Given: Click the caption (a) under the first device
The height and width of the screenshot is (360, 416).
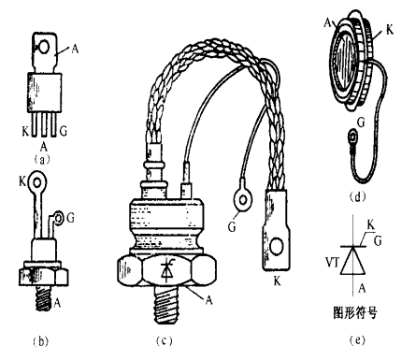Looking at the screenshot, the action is pyautogui.click(x=41, y=160).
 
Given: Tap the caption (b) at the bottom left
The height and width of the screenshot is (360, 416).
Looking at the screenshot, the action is pyautogui.click(x=40, y=341).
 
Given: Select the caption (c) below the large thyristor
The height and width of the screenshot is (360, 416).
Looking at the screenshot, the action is pyautogui.click(x=165, y=341).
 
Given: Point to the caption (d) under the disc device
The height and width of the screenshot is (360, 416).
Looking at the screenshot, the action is pyautogui.click(x=357, y=197).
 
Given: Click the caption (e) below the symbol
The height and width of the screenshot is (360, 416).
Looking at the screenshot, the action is pyautogui.click(x=357, y=340).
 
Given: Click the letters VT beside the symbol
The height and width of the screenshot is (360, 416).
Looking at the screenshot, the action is pyautogui.click(x=332, y=263).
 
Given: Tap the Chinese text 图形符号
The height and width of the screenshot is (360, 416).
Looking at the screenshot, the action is pyautogui.click(x=355, y=312).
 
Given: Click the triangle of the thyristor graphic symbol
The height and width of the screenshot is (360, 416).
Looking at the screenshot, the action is pyautogui.click(x=352, y=260).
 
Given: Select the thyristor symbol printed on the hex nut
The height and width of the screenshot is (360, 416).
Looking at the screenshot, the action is pyautogui.click(x=167, y=270).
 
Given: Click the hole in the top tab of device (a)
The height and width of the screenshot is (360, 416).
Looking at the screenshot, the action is pyautogui.click(x=44, y=47).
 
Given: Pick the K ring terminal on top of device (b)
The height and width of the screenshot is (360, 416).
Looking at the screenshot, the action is pyautogui.click(x=37, y=181).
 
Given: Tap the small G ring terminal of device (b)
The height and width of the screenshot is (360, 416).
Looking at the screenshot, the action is pyautogui.click(x=58, y=218).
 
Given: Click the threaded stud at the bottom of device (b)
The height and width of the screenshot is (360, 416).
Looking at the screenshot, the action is pyautogui.click(x=43, y=297).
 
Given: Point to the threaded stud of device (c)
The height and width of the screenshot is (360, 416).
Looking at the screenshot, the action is pyautogui.click(x=166, y=304).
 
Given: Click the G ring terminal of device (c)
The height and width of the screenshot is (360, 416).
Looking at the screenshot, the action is pyautogui.click(x=243, y=199).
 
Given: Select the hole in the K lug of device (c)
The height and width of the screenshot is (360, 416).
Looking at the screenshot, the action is pyautogui.click(x=276, y=246).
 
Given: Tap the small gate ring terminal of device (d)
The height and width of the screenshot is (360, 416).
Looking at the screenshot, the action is pyautogui.click(x=352, y=137).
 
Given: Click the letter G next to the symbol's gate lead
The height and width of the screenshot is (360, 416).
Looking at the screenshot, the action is pyautogui.click(x=378, y=241).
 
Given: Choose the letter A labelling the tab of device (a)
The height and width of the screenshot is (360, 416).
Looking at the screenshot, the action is pyautogui.click(x=75, y=49).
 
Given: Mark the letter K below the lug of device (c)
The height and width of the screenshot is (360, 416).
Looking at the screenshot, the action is pyautogui.click(x=277, y=281).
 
